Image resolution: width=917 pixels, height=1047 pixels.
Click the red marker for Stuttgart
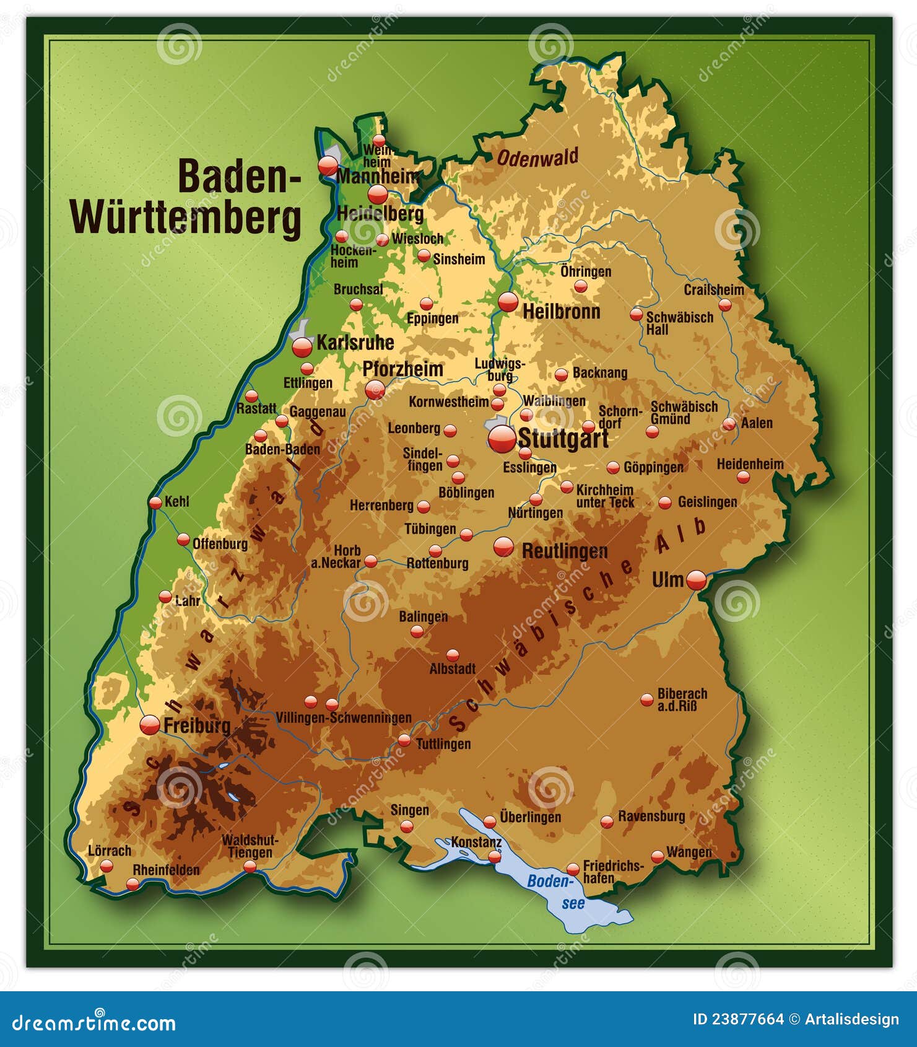[502, 439]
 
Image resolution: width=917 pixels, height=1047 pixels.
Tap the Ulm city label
[667, 580]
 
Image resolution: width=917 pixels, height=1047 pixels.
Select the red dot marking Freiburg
[150, 724]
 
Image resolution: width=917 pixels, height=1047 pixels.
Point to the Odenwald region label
[537, 157]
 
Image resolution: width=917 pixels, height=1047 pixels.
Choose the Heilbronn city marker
[508, 302]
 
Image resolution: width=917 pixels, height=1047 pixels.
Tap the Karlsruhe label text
[355, 343]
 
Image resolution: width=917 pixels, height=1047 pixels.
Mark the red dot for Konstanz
[494, 856]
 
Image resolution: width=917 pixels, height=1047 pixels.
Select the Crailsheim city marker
[724, 305]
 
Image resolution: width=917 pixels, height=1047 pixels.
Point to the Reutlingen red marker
[503, 546]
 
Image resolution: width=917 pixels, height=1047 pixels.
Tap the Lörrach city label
[110, 851]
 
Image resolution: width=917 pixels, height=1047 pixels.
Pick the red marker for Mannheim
[328, 166]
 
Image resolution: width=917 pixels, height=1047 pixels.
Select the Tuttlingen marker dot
[404, 740]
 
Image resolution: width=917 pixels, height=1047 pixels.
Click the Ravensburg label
[651, 816]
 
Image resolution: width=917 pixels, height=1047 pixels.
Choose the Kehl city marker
[155, 502]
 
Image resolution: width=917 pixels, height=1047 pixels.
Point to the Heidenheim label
[750, 464]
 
